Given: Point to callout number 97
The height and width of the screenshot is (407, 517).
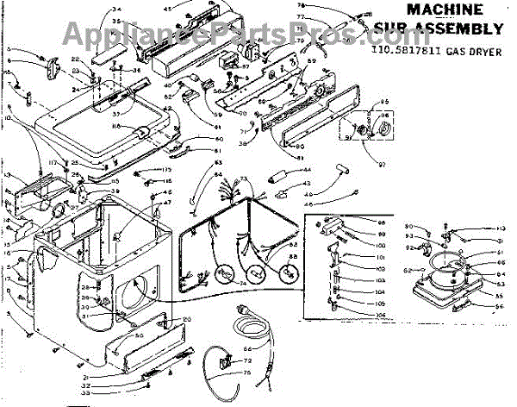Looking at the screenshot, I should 373,160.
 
